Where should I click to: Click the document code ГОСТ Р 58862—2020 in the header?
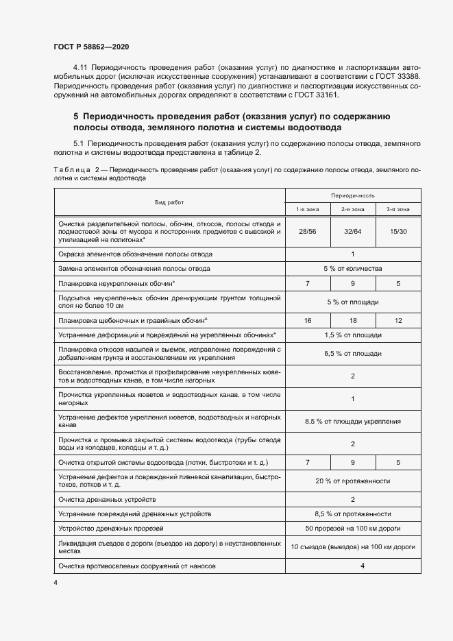click(x=91, y=47)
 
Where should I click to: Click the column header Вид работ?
click(x=169, y=202)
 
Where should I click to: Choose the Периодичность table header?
click(x=352, y=195)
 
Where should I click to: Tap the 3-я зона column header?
click(x=397, y=209)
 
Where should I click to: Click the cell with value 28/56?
click(x=307, y=232)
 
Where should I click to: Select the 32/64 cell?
click(x=352, y=232)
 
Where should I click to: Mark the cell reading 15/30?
click(x=397, y=232)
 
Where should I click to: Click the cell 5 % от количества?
click(x=352, y=269)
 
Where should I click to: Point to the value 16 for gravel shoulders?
click(x=307, y=320)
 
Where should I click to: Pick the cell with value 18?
click(x=352, y=320)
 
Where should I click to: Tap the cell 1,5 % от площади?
click(x=352, y=335)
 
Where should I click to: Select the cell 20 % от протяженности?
click(x=352, y=481)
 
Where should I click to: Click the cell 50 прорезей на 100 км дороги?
click(x=352, y=529)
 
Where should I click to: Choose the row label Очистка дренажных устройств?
click(x=108, y=499)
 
